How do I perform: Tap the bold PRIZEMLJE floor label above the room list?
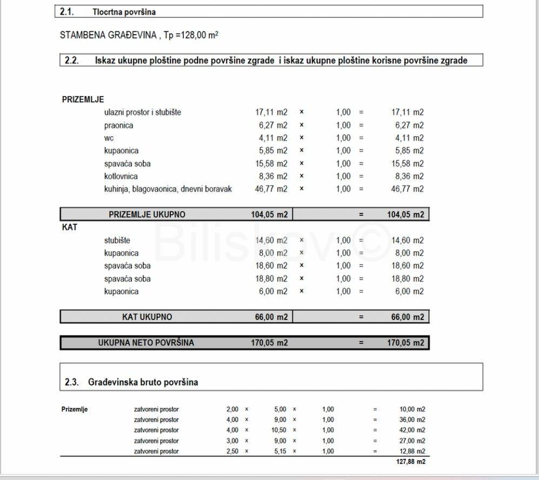[x=83, y=99]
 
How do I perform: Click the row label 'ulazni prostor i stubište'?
[x=143, y=112]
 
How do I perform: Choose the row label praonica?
[x=118, y=125]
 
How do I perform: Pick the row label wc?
[x=109, y=138]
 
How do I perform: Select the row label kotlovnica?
[x=121, y=176]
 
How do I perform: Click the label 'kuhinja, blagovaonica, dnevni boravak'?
[x=168, y=189]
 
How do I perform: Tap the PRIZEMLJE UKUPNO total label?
[x=147, y=215]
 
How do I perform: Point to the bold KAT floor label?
[x=70, y=228]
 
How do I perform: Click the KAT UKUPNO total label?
[x=147, y=317]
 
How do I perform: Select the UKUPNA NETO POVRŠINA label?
[x=146, y=343]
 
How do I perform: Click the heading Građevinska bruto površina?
[x=143, y=382]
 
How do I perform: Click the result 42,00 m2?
[x=412, y=430]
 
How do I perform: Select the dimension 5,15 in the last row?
[x=280, y=451]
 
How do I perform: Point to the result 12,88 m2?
[x=412, y=451]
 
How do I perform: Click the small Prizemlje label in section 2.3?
[x=75, y=409]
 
